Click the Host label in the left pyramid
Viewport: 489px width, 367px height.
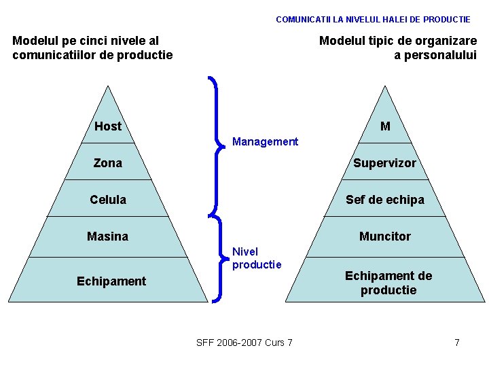coord(108,126)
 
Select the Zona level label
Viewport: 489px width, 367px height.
coord(108,163)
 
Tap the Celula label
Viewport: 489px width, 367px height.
coord(108,200)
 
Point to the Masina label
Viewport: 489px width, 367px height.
coord(107,237)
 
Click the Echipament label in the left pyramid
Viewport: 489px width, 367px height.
coord(111,281)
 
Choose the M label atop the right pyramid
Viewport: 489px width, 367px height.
coord(385,126)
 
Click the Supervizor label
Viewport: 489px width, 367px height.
coord(384,163)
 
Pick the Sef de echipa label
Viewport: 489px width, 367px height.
coord(384,200)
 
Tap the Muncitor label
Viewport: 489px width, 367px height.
coord(384,237)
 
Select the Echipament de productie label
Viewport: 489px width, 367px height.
coord(388,283)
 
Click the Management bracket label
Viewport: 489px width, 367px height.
coord(265,142)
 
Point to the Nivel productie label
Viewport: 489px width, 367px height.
coord(257,258)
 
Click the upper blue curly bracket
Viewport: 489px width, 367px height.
coord(216,144)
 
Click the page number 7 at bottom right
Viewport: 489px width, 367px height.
coord(457,343)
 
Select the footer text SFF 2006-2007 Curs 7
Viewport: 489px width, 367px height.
coord(244,343)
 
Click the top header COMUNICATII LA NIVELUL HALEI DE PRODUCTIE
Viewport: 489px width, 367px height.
coord(373,20)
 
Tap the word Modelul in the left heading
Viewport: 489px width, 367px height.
coord(35,41)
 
